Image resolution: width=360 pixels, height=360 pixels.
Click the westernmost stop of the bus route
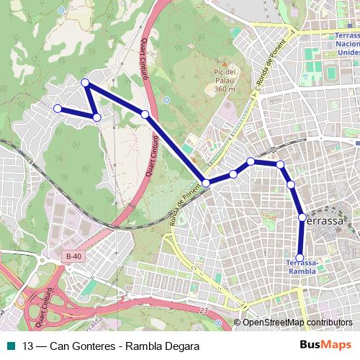[x=58, y=109]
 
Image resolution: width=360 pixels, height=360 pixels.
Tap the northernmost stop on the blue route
[x=85, y=83]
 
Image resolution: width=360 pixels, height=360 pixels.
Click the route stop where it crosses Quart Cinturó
[x=145, y=114]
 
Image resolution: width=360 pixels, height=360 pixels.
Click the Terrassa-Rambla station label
[x=301, y=267]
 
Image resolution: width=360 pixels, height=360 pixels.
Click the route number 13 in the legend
[x=28, y=346]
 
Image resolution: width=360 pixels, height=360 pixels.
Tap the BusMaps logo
[x=331, y=346]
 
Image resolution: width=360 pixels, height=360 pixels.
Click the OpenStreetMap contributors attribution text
[x=297, y=323]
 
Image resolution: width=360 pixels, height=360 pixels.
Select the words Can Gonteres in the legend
[x=79, y=346]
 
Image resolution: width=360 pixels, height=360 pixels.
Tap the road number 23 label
[x=204, y=310]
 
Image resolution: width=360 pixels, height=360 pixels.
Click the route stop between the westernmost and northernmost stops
[x=96, y=117]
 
